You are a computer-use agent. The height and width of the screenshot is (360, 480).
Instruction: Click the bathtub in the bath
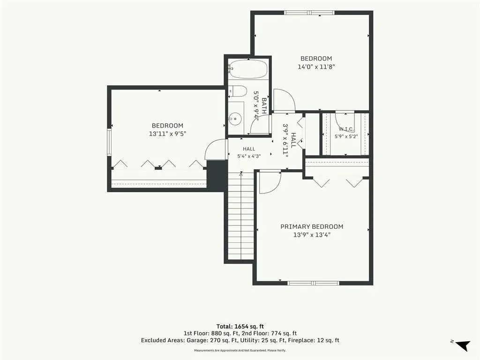point(248,69)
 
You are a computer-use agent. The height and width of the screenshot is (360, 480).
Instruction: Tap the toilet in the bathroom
point(238,91)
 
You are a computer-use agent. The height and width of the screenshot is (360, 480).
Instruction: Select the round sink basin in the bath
point(235,118)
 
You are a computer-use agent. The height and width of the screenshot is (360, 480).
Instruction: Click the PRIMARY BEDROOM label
point(312,226)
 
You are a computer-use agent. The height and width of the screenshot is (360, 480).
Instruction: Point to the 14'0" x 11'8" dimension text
point(316,67)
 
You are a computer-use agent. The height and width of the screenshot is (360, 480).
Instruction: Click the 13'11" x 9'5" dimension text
point(167,134)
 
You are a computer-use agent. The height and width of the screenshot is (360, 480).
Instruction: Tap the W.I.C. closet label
point(346,129)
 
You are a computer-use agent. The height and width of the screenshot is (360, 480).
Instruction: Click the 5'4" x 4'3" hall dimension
point(249,156)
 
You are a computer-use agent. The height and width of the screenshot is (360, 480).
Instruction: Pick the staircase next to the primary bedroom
point(241,216)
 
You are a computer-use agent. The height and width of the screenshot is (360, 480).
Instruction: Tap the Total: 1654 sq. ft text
point(240,326)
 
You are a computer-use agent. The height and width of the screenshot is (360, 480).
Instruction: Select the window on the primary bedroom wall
point(313,283)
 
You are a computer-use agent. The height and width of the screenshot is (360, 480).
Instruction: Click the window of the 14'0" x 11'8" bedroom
point(309,13)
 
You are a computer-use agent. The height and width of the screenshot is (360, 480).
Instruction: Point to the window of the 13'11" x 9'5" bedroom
point(109,142)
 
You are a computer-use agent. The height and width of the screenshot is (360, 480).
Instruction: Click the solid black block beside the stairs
point(217,176)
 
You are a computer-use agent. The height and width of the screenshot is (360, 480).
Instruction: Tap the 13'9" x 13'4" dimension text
point(312,235)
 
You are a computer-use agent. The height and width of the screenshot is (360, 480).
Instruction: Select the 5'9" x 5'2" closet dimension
point(346,136)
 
